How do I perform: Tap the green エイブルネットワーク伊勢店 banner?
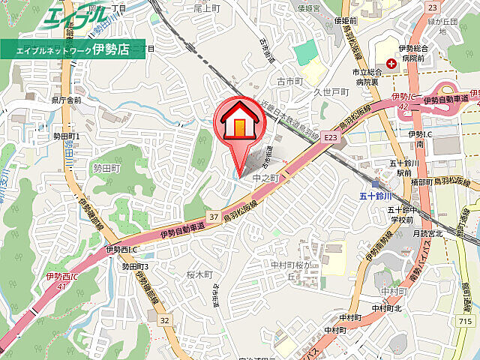click(x=73, y=51)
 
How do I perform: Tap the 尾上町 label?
click(x=206, y=7)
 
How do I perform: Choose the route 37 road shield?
click(x=214, y=217)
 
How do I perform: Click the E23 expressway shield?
click(x=331, y=138)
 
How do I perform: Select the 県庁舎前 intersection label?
click(x=67, y=99)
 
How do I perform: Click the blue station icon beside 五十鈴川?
click(x=375, y=184)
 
